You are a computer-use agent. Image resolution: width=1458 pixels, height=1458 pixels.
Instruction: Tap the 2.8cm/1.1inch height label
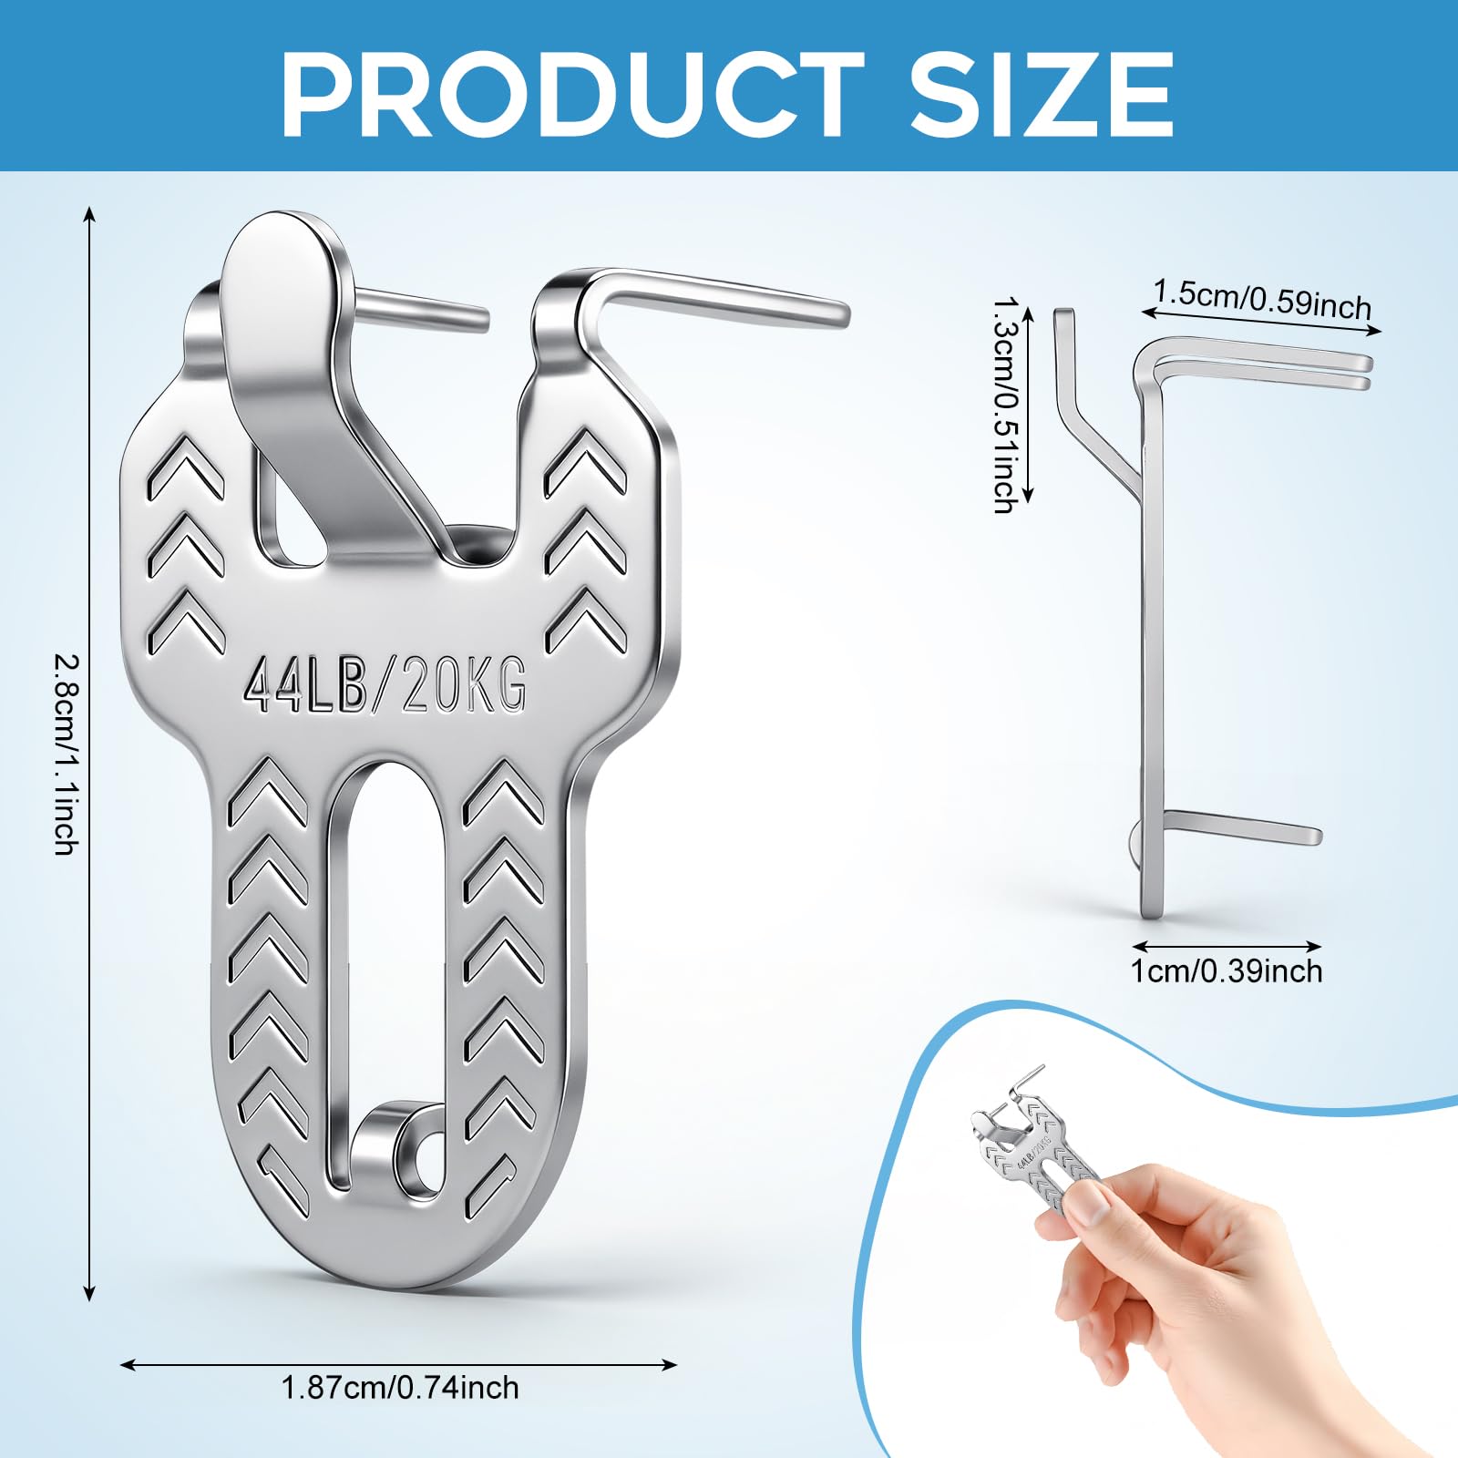coord(66,755)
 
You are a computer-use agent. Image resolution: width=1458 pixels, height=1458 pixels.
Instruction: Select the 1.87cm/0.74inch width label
coord(400,1413)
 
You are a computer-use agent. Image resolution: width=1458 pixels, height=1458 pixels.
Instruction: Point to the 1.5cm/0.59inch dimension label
coord(1262,299)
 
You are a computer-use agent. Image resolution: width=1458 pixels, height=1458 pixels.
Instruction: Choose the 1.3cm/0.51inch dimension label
coord(1005,404)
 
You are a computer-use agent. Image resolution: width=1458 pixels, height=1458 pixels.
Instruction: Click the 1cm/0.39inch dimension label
coord(1227,971)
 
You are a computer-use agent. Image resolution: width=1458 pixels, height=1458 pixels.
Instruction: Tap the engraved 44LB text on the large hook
coord(304,685)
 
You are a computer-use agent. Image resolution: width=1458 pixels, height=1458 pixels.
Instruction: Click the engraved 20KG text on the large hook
coord(464,685)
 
